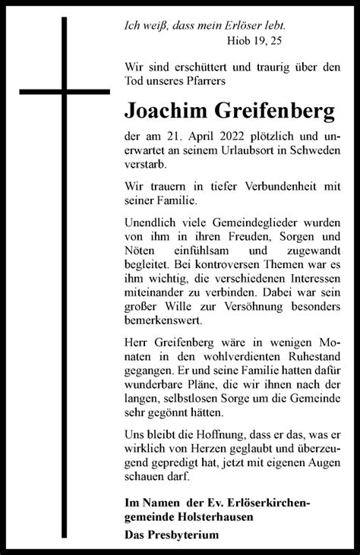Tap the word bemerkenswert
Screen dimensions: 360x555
click(164, 323)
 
